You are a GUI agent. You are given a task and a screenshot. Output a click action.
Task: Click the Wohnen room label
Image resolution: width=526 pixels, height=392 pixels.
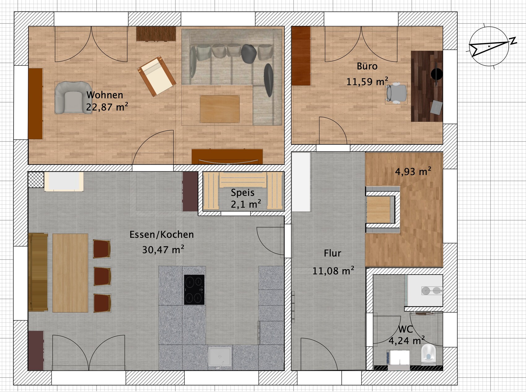pos(105,95)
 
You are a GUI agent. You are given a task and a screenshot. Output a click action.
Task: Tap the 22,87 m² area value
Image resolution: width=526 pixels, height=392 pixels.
pos(107,107)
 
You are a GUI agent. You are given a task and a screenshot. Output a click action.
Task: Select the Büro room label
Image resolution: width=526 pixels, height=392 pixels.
pos(367,66)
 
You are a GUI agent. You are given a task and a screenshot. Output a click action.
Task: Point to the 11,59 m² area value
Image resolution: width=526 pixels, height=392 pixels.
pos(367,82)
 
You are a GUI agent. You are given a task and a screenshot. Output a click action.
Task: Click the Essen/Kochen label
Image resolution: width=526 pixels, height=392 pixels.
pos(162,234)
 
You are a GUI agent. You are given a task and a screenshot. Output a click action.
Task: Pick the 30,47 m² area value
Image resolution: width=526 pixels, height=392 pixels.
pos(163,249)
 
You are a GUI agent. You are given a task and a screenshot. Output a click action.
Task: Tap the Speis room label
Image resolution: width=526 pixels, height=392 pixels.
pos(243,193)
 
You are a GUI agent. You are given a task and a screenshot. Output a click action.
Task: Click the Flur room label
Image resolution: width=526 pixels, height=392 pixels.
pos(332,253)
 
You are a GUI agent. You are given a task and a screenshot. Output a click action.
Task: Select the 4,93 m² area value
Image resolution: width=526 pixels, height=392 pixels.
pos(413,171)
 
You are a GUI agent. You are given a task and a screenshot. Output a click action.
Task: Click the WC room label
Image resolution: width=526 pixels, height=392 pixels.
pos(405,329)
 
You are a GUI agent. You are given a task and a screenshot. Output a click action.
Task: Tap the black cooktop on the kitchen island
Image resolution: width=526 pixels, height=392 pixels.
pos(194,290)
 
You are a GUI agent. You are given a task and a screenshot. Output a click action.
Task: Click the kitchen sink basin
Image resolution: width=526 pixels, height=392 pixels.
pos(220,356)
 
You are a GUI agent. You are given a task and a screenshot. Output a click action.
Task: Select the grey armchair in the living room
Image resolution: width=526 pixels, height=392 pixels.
pos(73,98)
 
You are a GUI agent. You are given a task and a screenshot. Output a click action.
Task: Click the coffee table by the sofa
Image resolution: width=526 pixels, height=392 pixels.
pos(220,109)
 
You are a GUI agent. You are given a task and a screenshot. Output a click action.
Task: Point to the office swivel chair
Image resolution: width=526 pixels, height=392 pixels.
pos(396,92)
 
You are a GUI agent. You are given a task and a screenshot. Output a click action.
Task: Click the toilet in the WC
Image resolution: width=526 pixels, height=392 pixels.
pos(429,354)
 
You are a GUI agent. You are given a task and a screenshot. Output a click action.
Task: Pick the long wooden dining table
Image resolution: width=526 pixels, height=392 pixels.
pos(70,273)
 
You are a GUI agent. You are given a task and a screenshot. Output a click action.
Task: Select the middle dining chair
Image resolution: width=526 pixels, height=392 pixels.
pos(102,276)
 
